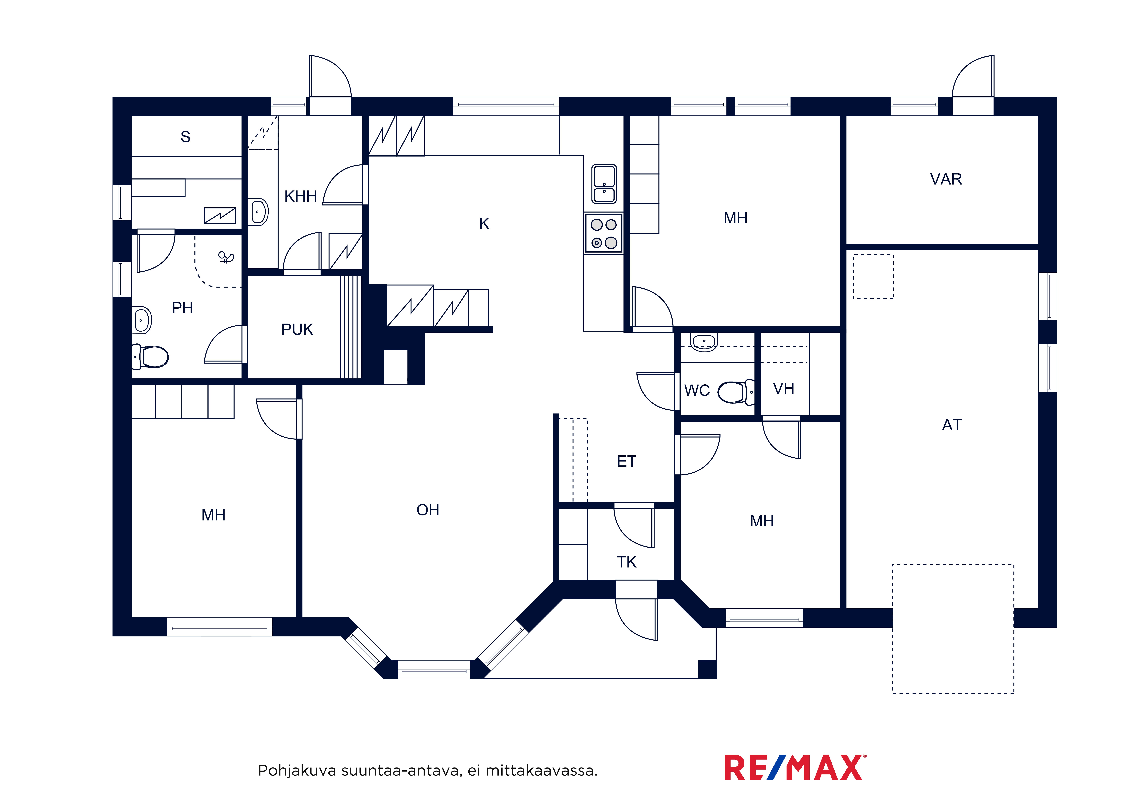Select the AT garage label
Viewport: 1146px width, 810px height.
(x=952, y=425)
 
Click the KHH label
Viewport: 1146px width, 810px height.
(x=300, y=197)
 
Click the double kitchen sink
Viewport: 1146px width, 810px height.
(x=604, y=184)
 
